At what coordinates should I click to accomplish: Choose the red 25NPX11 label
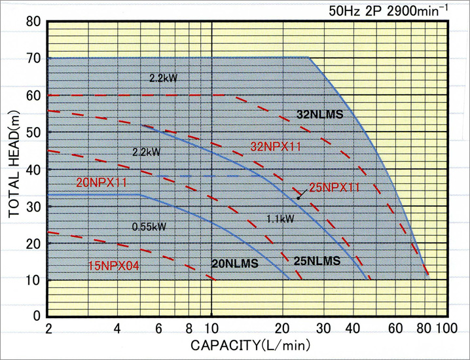334,187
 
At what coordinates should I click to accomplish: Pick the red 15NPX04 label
114,266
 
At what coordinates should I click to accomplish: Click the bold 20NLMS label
235,264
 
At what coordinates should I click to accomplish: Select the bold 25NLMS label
316,261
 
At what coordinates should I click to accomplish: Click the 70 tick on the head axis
35,58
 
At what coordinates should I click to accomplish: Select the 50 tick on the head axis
35,132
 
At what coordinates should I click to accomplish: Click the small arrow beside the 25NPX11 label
301,194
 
